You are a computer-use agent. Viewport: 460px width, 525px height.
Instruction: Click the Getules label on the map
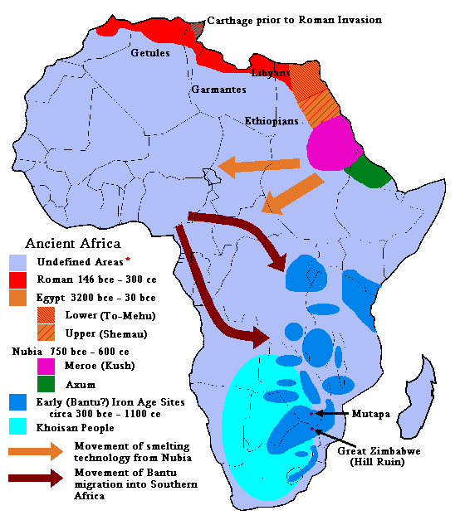click(x=150, y=53)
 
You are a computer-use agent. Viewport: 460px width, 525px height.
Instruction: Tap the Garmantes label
click(x=218, y=89)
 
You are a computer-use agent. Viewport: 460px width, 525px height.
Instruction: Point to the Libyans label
click(x=270, y=73)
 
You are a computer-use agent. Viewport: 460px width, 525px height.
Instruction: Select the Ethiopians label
click(x=271, y=121)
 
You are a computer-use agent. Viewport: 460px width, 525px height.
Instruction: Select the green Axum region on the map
click(x=368, y=171)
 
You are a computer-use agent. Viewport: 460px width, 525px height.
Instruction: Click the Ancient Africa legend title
click(x=73, y=243)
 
